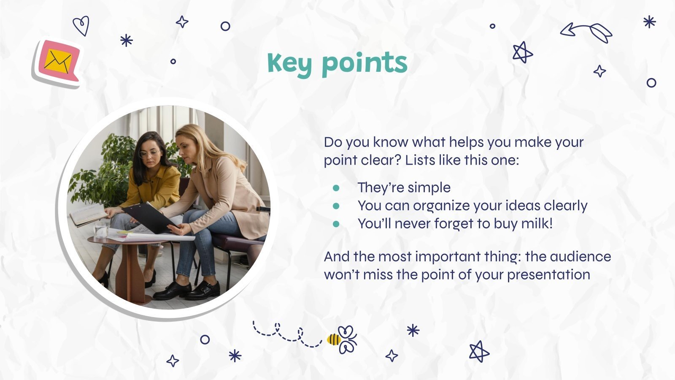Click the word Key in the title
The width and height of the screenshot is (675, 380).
point(290,63)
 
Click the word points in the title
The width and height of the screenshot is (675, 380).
point(364,63)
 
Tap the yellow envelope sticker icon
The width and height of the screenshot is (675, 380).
point(58,61)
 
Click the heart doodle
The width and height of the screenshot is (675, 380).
point(81,26)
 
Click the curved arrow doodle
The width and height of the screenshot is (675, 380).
point(586,32)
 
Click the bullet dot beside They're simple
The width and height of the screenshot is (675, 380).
point(336,187)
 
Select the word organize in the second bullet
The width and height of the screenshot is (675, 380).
point(441,206)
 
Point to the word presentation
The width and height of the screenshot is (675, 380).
point(548,275)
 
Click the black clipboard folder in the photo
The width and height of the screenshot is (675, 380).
point(150,217)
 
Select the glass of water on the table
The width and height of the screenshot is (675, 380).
point(102,230)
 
